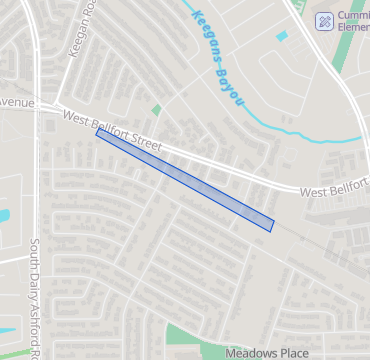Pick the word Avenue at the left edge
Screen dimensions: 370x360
(16, 103)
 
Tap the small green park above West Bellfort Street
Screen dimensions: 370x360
(156, 109)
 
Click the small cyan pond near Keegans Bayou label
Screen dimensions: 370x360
(282, 36)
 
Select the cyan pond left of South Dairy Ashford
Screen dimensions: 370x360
(3, 215)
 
